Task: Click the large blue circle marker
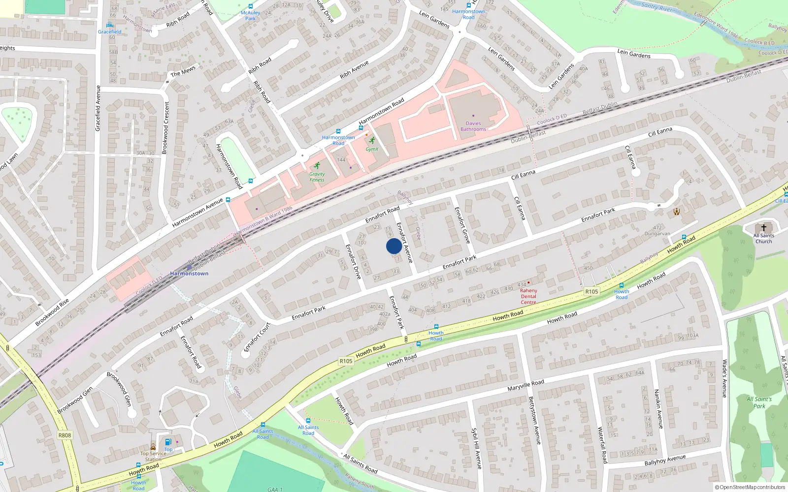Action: [x=394, y=246]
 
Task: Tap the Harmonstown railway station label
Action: [x=189, y=273]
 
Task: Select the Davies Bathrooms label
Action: [x=473, y=126]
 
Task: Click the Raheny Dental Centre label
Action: [x=528, y=296]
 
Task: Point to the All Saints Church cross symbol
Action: [x=764, y=228]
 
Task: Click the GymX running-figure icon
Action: [x=372, y=140]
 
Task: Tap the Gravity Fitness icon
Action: [x=317, y=165]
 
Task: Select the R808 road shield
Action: [x=65, y=435]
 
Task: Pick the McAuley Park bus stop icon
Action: [x=251, y=6]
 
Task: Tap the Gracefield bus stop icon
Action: [x=109, y=25]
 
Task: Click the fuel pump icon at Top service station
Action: [x=168, y=442]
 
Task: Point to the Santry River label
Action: [x=657, y=7]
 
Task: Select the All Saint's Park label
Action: [x=759, y=402]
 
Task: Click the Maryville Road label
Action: [x=525, y=386]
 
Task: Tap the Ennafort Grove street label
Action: [x=462, y=225]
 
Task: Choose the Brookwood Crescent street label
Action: [x=166, y=128]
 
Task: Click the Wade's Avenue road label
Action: [x=724, y=378]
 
